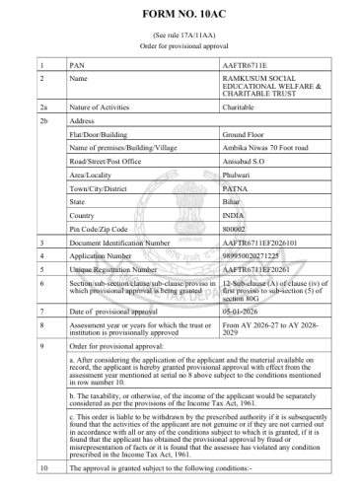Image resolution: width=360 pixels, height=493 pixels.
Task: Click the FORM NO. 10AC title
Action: (180, 18)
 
